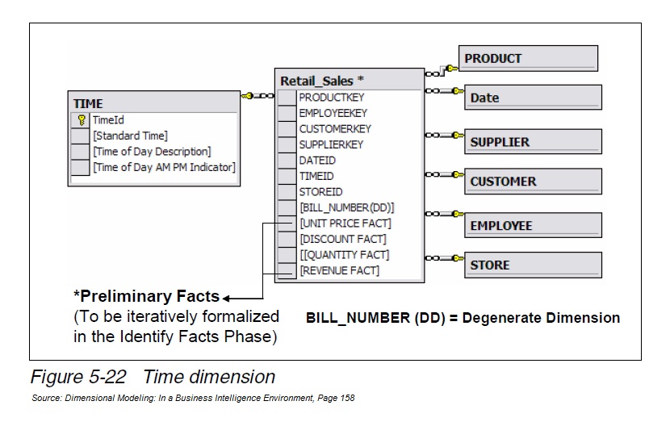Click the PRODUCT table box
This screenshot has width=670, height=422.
click(529, 58)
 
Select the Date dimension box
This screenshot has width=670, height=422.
click(533, 98)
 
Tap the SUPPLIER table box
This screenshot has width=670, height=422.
click(533, 142)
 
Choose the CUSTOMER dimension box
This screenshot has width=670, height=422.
click(533, 182)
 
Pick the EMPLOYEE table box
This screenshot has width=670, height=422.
click(533, 226)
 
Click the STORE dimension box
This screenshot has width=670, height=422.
click(533, 265)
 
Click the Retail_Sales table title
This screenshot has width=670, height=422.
click(321, 81)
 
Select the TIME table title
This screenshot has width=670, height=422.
click(88, 103)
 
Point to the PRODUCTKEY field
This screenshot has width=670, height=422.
click(331, 98)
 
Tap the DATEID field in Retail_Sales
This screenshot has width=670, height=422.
click(317, 161)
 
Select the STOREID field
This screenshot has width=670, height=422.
click(320, 192)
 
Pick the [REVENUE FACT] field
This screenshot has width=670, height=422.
click(339, 270)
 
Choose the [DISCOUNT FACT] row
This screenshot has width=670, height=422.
click(342, 239)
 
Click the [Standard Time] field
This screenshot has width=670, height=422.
click(130, 136)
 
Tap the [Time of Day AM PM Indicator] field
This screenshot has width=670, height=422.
click(164, 167)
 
